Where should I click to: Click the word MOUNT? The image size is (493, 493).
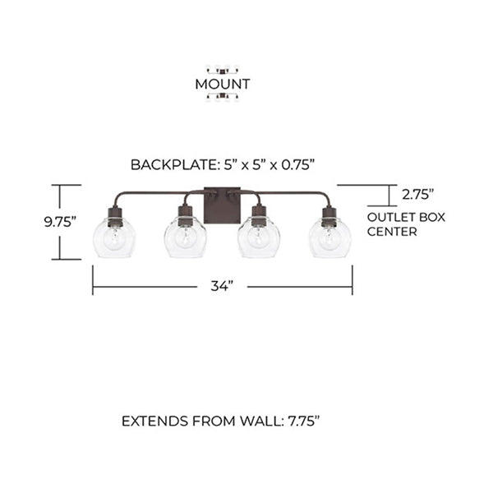[x=223, y=85]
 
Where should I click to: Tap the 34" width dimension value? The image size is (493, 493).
[x=222, y=286]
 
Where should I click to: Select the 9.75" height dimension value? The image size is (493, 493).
[x=60, y=222]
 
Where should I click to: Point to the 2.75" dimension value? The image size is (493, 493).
[x=418, y=195]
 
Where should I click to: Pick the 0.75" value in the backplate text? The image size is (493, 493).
[x=298, y=165]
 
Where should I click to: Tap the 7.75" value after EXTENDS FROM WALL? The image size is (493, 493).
[x=304, y=421]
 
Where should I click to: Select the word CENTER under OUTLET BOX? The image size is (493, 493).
[x=392, y=232]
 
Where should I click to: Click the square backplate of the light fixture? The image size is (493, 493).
[x=223, y=205]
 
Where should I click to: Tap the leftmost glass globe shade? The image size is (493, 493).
[x=114, y=237]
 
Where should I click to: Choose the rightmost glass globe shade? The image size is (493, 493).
[x=330, y=237]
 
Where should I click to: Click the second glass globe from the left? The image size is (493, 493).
[x=185, y=237]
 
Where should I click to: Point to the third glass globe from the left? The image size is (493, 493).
[x=259, y=237]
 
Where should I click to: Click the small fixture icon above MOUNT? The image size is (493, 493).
[x=223, y=70]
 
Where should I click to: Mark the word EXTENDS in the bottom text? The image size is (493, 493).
[x=155, y=421]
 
